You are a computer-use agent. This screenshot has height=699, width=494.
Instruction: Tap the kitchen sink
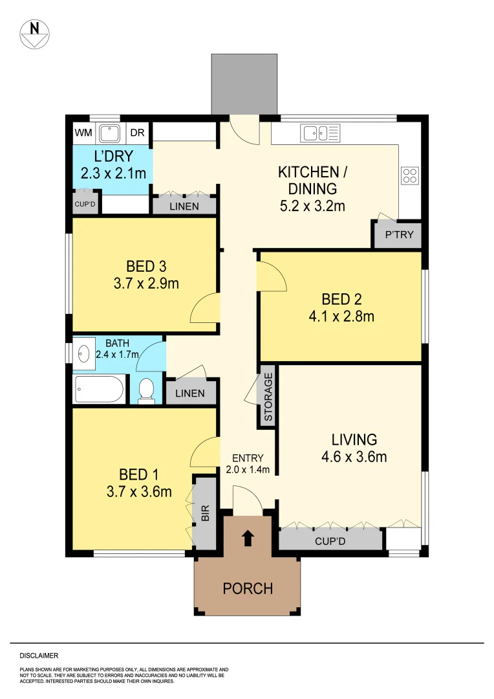[x=320, y=134]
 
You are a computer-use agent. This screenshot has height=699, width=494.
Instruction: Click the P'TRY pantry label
[x=398, y=235]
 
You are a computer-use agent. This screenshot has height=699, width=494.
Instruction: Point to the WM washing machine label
[x=83, y=133]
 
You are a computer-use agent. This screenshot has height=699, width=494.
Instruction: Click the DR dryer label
[x=137, y=133]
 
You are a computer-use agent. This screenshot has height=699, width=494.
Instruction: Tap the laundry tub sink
[x=111, y=133]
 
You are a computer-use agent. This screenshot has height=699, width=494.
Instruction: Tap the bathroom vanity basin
[x=83, y=354]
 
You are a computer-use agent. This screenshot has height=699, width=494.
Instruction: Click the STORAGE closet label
[x=268, y=397]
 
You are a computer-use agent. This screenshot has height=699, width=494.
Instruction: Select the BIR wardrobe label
[x=206, y=514]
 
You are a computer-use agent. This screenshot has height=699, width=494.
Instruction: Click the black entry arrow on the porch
[x=248, y=538]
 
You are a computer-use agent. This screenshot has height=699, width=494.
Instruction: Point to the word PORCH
[x=248, y=588]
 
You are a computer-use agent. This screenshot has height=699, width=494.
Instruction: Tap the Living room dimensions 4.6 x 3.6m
[x=354, y=457]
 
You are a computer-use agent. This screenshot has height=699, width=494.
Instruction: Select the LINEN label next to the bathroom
[x=189, y=393]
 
